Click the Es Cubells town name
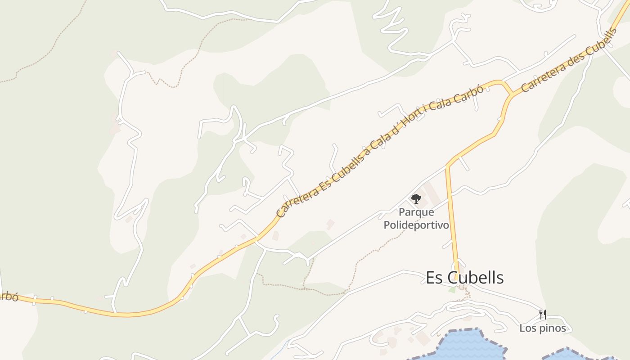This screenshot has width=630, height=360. point(465,278)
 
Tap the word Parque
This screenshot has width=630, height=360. point(416,212)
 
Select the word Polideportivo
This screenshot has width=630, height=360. point(416,225)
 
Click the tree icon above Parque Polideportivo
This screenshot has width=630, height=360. point(416,198)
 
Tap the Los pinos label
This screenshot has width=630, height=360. point(543,328)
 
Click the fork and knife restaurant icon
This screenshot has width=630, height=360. point(543,314)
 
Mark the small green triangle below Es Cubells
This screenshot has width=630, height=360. point(452,290)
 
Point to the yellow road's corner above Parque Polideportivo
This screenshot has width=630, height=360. point(448,166)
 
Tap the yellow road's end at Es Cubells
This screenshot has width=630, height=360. point(457,272)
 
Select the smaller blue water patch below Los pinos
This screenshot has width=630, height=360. point(567,354)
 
